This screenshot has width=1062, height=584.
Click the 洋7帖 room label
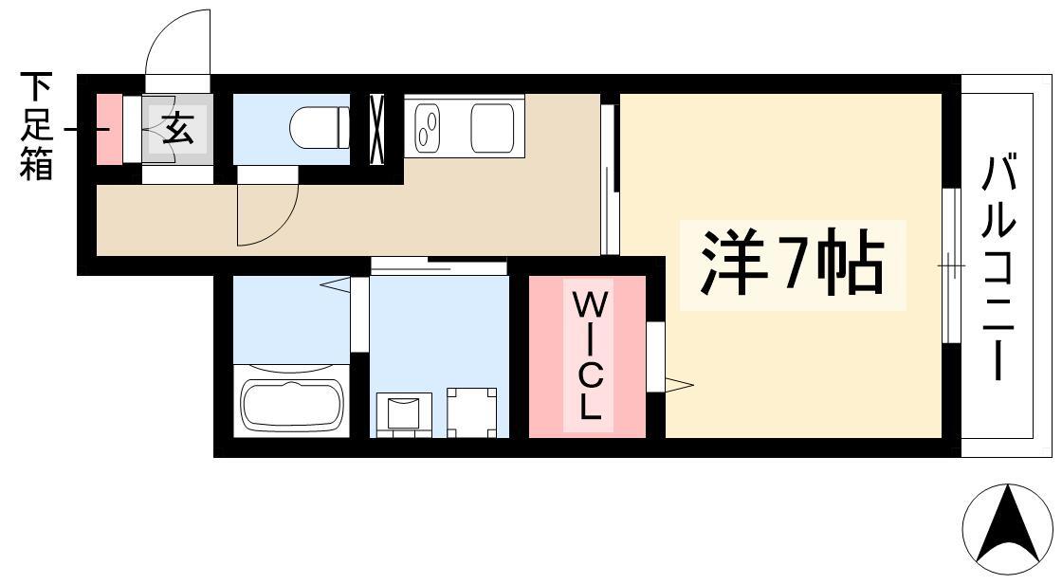point(792,265)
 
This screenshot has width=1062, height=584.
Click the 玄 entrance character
point(178,127)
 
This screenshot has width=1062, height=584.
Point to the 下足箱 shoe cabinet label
point(36,126)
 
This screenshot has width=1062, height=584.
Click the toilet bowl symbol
point(319,127)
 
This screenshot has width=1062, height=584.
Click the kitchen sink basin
point(492,127)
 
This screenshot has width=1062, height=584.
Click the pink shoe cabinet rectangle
point(109,129)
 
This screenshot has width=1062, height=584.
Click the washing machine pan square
point(471,411)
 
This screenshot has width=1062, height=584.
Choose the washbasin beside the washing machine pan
point(404,413)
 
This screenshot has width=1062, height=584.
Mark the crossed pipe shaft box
point(376,129)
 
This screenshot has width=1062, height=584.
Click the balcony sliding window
point(952,265)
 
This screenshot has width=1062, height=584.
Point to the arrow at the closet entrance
point(679,386)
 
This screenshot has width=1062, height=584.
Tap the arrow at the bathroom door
point(336,285)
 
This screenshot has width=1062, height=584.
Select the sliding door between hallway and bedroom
point(611,179)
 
